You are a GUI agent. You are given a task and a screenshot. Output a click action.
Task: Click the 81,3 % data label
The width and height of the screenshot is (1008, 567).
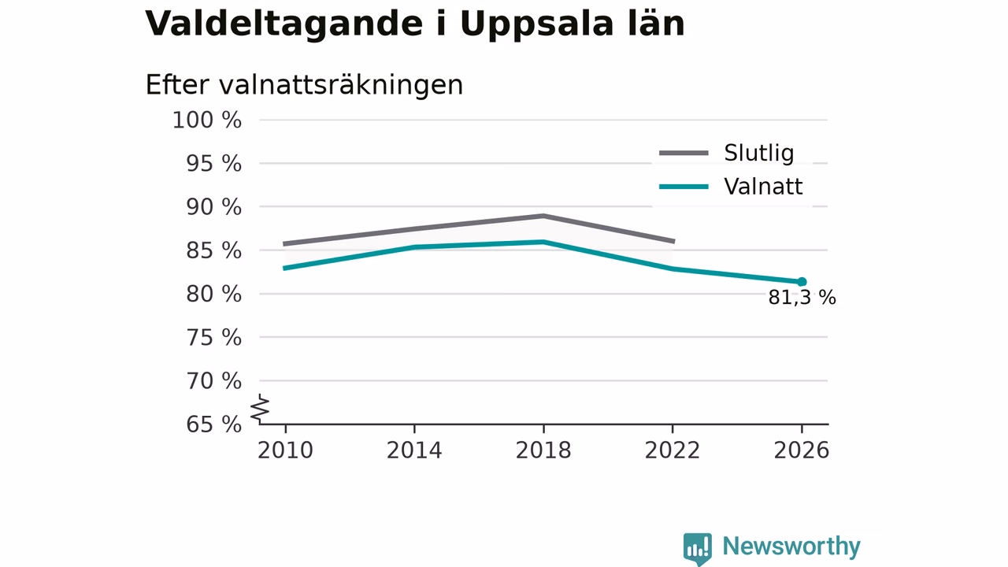tap(802, 298)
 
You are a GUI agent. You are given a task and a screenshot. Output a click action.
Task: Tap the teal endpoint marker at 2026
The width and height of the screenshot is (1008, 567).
tap(802, 282)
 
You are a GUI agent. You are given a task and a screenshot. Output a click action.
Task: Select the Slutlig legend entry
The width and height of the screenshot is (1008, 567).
tap(726, 153)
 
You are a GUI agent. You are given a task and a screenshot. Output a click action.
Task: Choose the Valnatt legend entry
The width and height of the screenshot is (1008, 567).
tap(730, 187)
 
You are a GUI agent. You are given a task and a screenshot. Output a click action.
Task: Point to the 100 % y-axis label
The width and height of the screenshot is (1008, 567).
tap(207, 120)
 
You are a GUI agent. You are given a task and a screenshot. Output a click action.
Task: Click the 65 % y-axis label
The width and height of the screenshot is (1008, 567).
tap(213, 424)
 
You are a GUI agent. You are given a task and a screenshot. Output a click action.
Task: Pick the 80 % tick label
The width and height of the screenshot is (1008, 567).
tap(213, 295)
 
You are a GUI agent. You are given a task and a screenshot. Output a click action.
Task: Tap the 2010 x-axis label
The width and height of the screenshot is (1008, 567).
tap(285, 450)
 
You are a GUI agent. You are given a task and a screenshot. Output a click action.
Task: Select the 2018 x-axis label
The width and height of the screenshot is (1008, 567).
tap(543, 450)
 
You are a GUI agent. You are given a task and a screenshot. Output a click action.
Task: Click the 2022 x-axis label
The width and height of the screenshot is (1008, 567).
tap(673, 450)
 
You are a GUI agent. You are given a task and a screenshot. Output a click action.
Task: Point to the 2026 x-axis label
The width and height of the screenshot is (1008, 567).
tap(802, 450)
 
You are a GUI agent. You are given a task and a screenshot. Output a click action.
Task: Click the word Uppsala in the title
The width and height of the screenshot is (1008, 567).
tap(537, 24)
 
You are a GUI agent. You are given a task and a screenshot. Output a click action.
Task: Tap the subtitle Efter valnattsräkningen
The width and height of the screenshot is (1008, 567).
tap(304, 84)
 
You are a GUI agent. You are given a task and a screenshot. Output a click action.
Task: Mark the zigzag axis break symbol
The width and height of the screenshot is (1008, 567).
tap(260, 409)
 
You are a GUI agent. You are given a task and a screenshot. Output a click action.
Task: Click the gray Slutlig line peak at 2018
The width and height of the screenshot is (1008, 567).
tap(543, 216)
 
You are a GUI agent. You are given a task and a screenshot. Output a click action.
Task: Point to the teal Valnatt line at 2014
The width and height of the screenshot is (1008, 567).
tap(414, 247)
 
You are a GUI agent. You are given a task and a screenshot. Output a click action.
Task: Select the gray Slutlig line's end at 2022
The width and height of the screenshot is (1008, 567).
tap(673, 241)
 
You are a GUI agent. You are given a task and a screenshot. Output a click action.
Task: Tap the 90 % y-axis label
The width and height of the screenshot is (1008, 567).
tap(213, 207)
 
